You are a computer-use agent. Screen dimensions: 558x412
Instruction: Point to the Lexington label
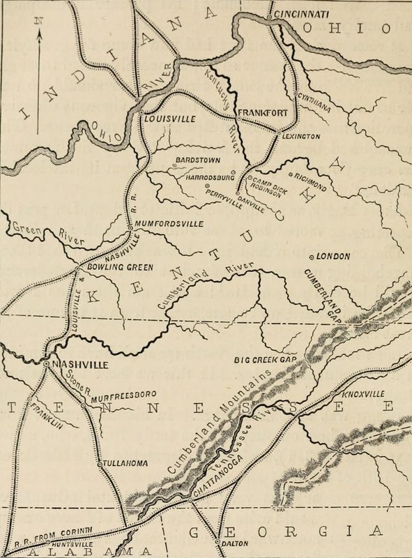click(x=301, y=137)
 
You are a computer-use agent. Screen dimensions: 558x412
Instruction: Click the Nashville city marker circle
click(x=45, y=364)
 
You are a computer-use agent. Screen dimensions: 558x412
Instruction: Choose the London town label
click(x=333, y=257)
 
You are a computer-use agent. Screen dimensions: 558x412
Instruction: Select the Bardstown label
click(x=197, y=158)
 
